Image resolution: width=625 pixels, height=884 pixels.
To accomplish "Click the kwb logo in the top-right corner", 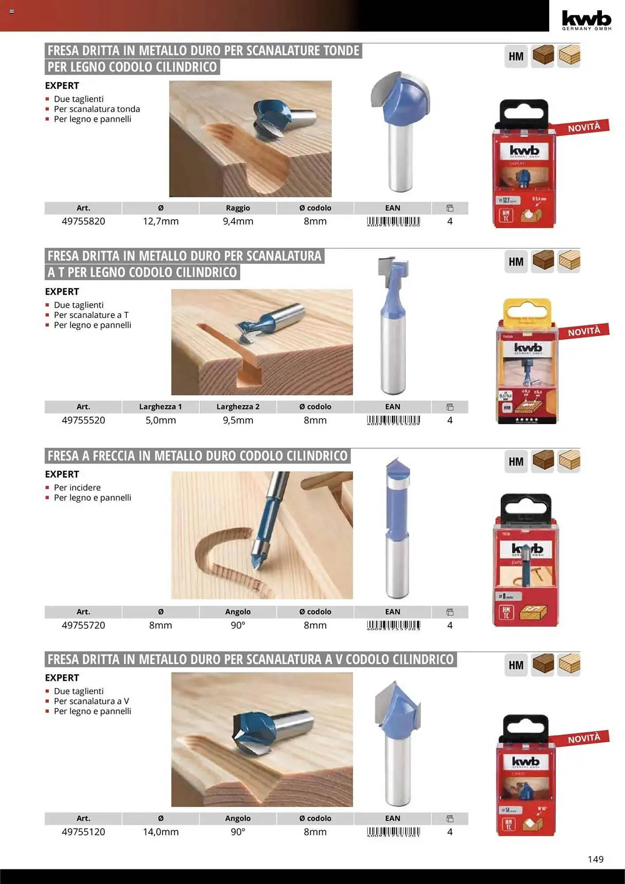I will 587,20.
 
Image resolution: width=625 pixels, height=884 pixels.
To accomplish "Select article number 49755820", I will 84,221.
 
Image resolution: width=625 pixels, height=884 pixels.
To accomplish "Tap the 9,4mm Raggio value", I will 238,221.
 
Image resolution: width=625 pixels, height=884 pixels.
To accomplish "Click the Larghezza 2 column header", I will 238,407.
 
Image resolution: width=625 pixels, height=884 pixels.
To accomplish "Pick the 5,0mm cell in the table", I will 160,420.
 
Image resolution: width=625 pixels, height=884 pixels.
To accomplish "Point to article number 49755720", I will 84,625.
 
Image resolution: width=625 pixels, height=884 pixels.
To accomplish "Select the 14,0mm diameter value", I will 160,832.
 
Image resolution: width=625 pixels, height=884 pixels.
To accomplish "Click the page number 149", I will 595,859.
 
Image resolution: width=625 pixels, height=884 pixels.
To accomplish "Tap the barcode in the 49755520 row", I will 393,420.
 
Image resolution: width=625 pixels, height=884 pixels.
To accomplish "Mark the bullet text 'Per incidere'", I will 77,488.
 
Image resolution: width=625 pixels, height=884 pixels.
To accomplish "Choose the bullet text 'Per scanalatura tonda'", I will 97,109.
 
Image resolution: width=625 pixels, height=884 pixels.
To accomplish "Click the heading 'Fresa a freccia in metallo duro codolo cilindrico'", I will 198,456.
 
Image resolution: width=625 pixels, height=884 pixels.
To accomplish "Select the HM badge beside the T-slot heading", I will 516,262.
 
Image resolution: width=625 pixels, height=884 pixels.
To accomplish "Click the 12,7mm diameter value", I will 160,221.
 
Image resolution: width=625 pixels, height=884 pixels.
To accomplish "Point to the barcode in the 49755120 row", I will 393,832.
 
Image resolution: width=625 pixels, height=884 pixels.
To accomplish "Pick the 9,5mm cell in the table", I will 238,420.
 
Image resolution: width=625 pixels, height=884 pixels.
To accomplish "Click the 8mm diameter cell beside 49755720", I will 160,625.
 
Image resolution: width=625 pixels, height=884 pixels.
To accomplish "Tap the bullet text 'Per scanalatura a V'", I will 91,701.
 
